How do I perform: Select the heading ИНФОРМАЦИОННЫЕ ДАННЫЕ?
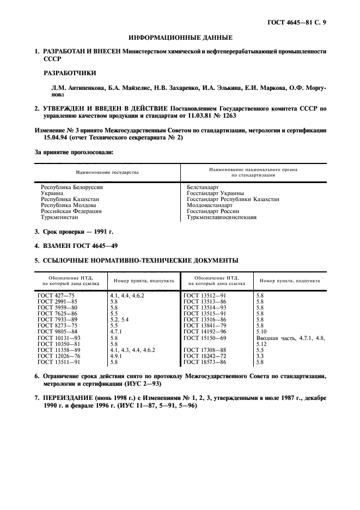(180, 38)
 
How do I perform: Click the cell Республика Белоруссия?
(72, 187)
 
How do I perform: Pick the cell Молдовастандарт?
(210, 205)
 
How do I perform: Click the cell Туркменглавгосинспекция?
(222, 217)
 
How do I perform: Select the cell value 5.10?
(261, 330)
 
